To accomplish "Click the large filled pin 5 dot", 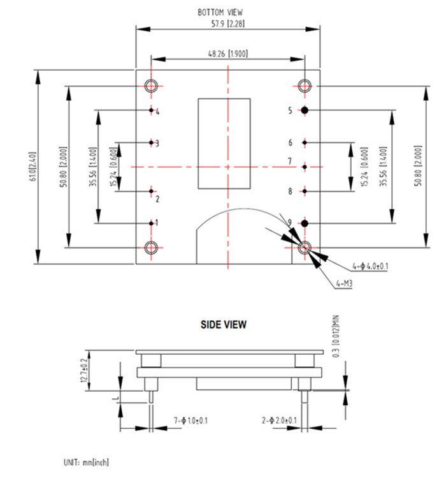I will (x=305, y=110).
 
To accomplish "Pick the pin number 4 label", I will (x=157, y=112).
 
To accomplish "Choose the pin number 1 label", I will (x=157, y=223).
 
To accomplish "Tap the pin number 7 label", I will (x=289, y=160).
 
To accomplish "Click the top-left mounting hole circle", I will (x=151, y=86).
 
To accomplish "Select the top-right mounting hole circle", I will (x=305, y=86).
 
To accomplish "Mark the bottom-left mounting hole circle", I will (x=151, y=247).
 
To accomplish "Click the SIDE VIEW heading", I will (x=224, y=325).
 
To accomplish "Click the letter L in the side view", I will (x=113, y=397).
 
